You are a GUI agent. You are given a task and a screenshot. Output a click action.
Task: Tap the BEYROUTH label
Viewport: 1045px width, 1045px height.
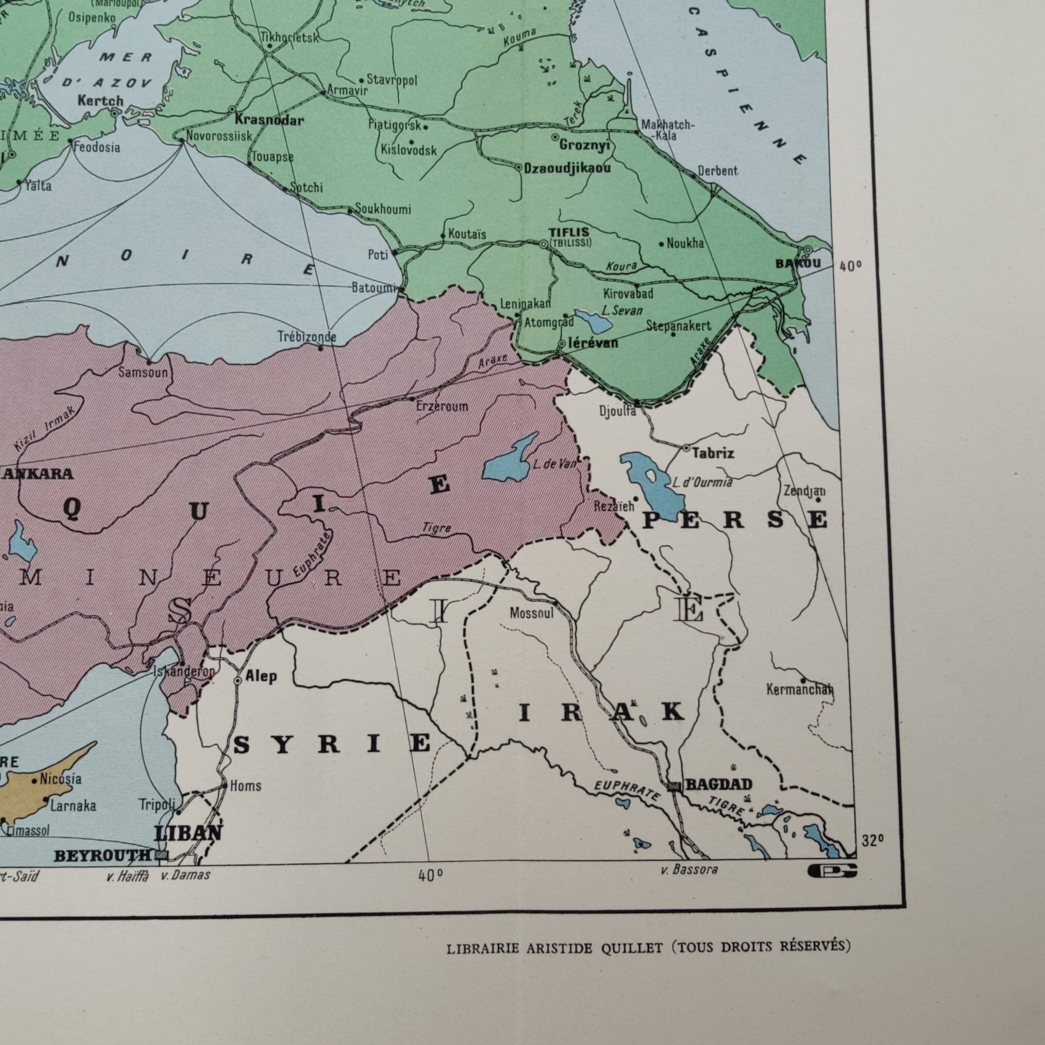pyautogui.click(x=103, y=856)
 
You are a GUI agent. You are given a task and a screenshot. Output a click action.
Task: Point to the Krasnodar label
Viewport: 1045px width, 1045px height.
pyautogui.click(x=269, y=120)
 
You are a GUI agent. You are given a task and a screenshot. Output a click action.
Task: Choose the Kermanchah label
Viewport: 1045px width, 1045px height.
pyautogui.click(x=799, y=690)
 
